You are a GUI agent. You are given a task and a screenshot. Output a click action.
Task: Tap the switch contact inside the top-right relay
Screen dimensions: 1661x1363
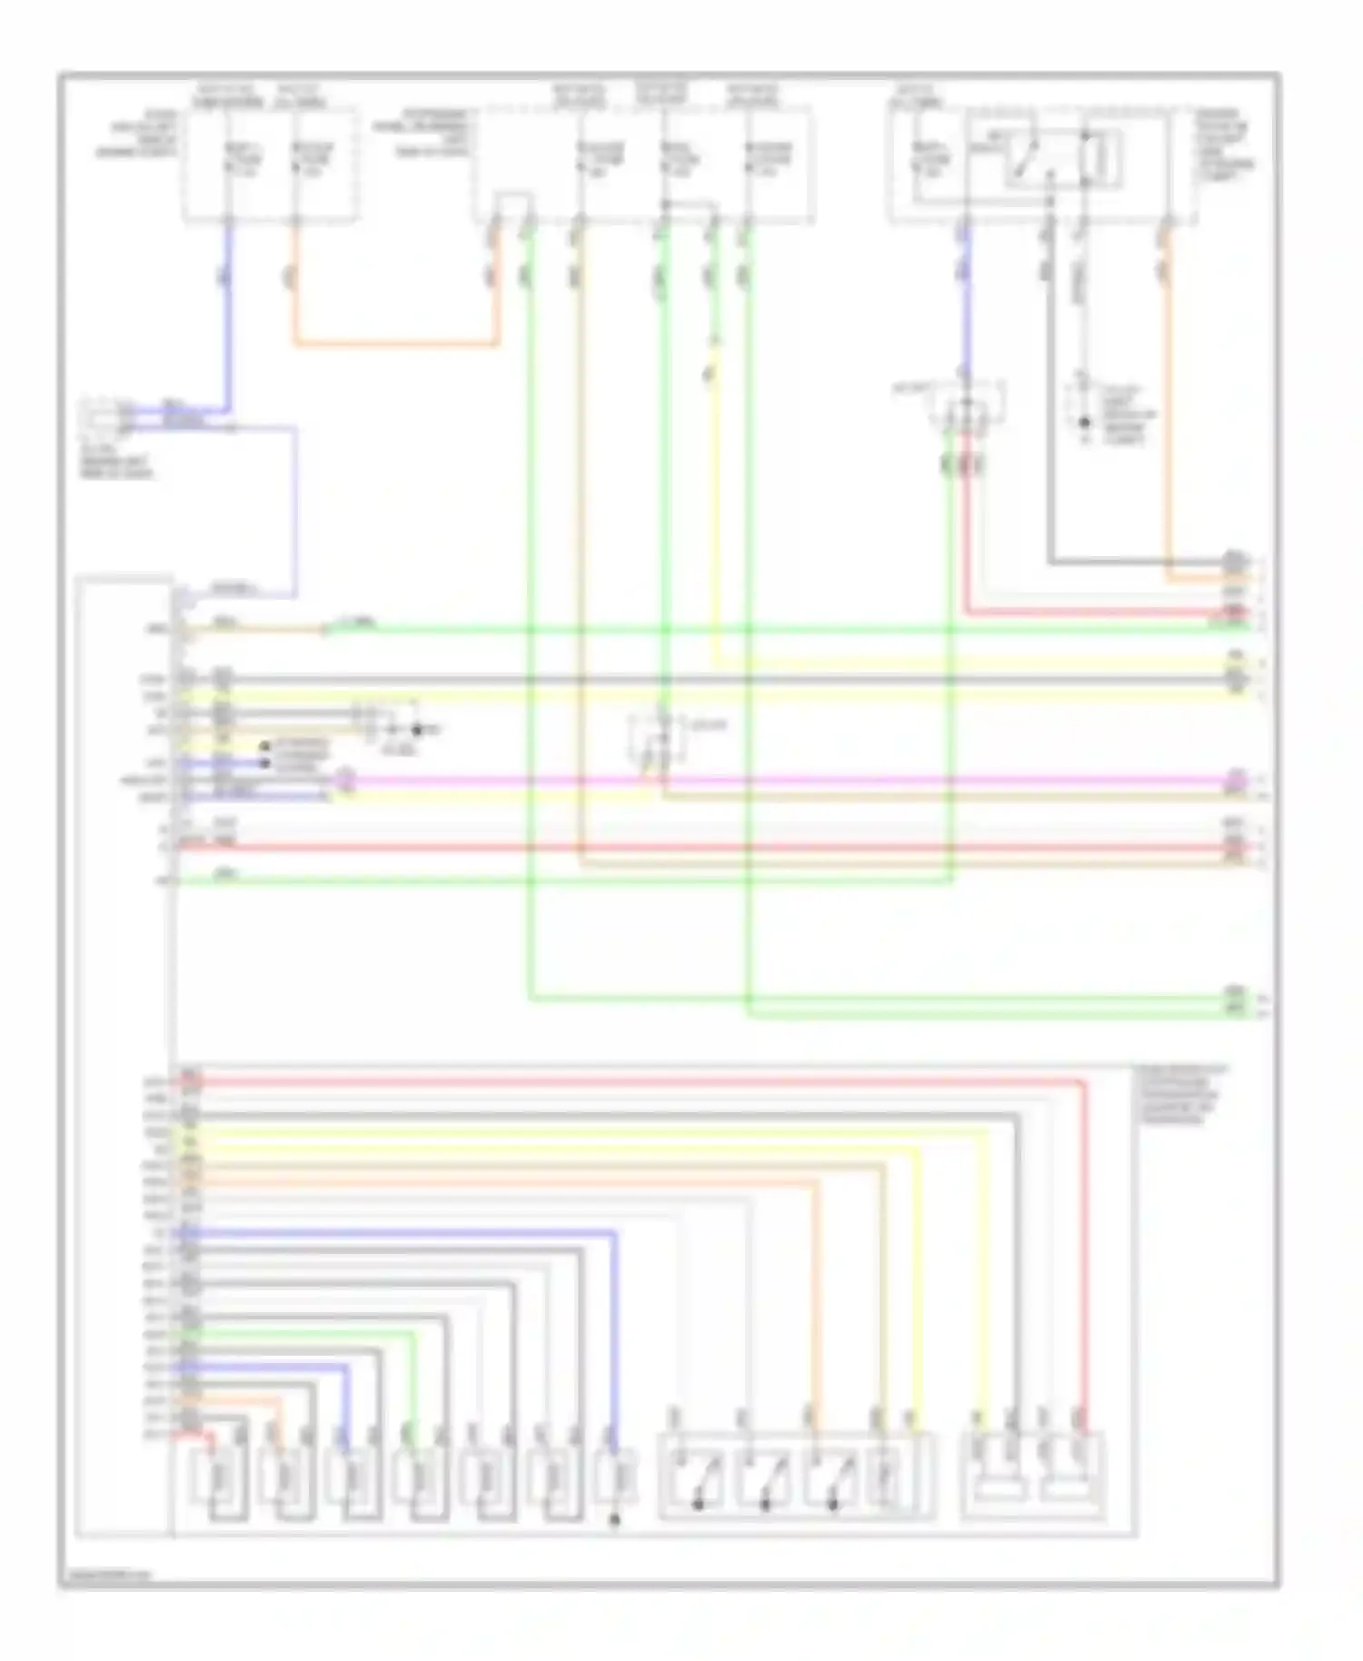click(x=1031, y=162)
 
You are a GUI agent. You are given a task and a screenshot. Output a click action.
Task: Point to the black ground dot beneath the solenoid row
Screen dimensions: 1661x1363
click(x=614, y=1518)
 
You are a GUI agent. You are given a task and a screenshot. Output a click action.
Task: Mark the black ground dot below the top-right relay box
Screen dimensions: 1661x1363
click(x=1083, y=423)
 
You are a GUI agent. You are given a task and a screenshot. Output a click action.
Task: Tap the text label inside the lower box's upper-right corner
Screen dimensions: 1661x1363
click(x=1179, y=1095)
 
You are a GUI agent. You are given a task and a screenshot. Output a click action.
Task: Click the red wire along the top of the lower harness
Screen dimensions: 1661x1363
click(x=636, y=1080)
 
